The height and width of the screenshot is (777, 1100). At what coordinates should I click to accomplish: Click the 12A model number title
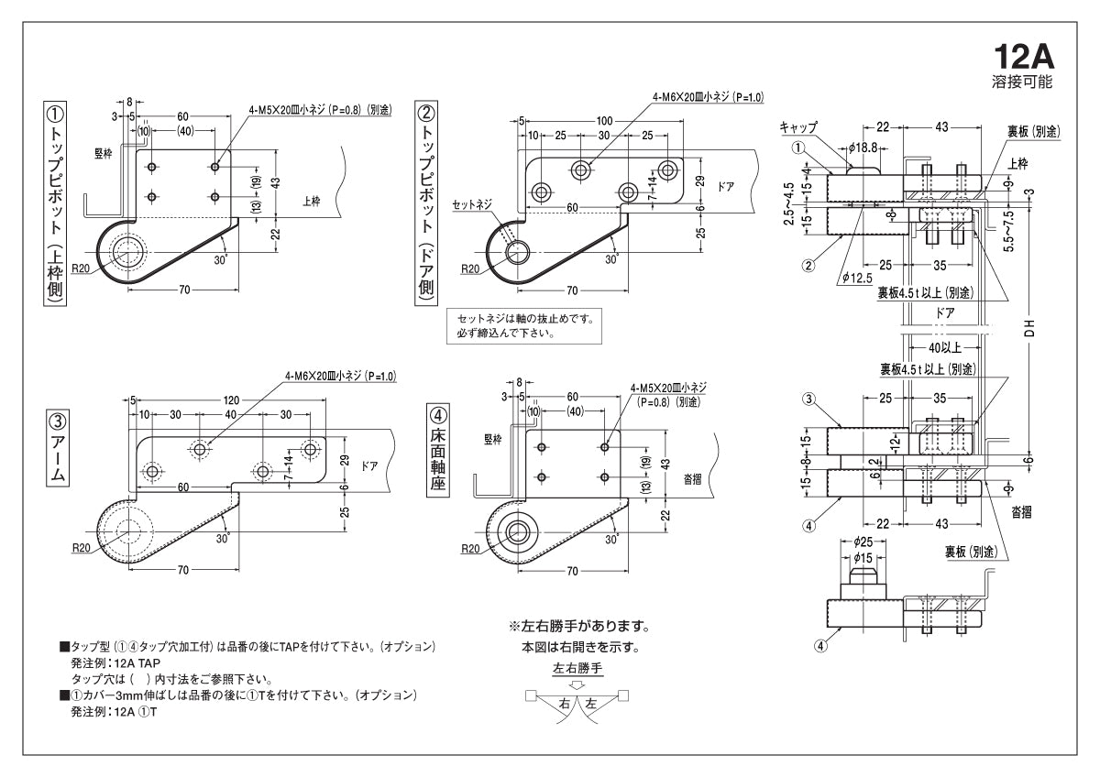coord(1025,57)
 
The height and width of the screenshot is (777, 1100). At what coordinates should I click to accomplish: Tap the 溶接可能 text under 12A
coord(1022,82)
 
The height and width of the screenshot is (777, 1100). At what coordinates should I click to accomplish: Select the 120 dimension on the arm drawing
coord(231,400)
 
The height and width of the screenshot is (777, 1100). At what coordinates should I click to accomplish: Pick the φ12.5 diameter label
coord(855,278)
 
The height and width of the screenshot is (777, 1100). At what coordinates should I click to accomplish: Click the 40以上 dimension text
coord(943,347)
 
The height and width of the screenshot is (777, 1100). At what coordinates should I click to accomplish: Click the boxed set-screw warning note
coord(524,326)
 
